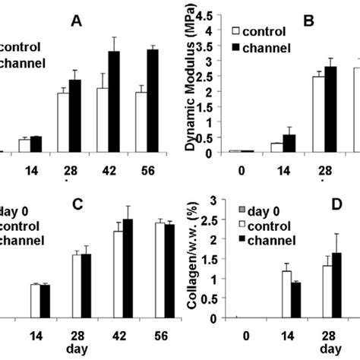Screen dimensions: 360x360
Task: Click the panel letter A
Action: [76, 21]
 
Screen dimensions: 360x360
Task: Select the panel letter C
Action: [76, 204]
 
